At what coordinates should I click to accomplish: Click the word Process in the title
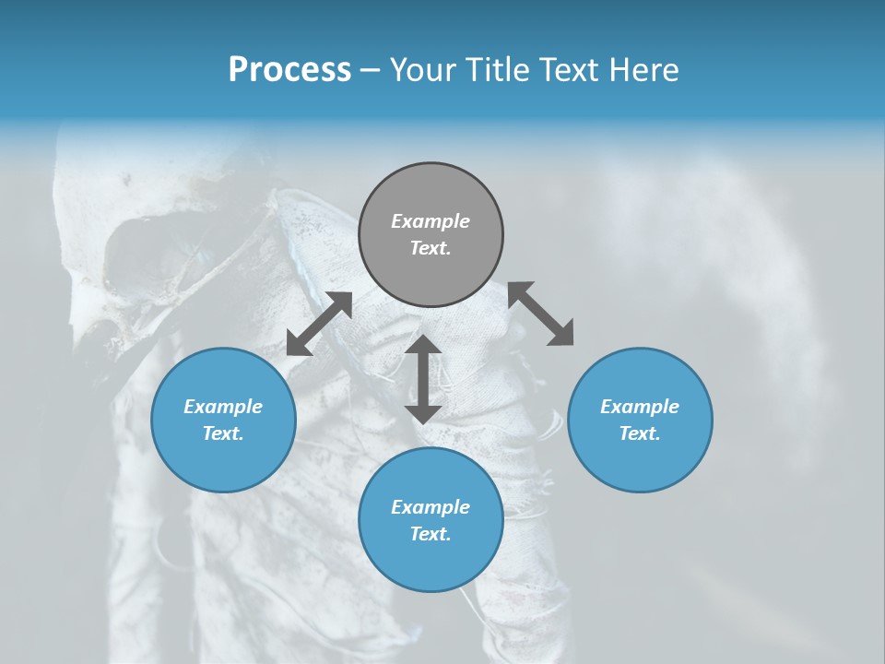tap(289, 70)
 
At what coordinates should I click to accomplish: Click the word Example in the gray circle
tap(431, 221)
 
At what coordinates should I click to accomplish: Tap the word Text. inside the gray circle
tap(431, 248)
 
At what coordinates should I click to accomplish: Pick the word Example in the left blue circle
tap(223, 407)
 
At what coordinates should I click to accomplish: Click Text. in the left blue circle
tap(223, 433)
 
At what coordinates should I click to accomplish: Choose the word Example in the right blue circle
tap(640, 407)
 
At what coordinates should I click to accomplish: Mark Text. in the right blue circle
tap(640, 433)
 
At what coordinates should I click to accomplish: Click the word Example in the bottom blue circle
tap(431, 507)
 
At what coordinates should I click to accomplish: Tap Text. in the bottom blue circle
tap(431, 534)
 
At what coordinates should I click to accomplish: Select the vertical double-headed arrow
tap(423, 379)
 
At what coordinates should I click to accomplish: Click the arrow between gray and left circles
tap(319, 324)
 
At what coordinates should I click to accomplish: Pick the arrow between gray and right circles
tap(540, 314)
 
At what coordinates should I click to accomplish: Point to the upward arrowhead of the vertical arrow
tap(423, 345)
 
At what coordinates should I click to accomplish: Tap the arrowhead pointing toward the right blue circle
tap(561, 334)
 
